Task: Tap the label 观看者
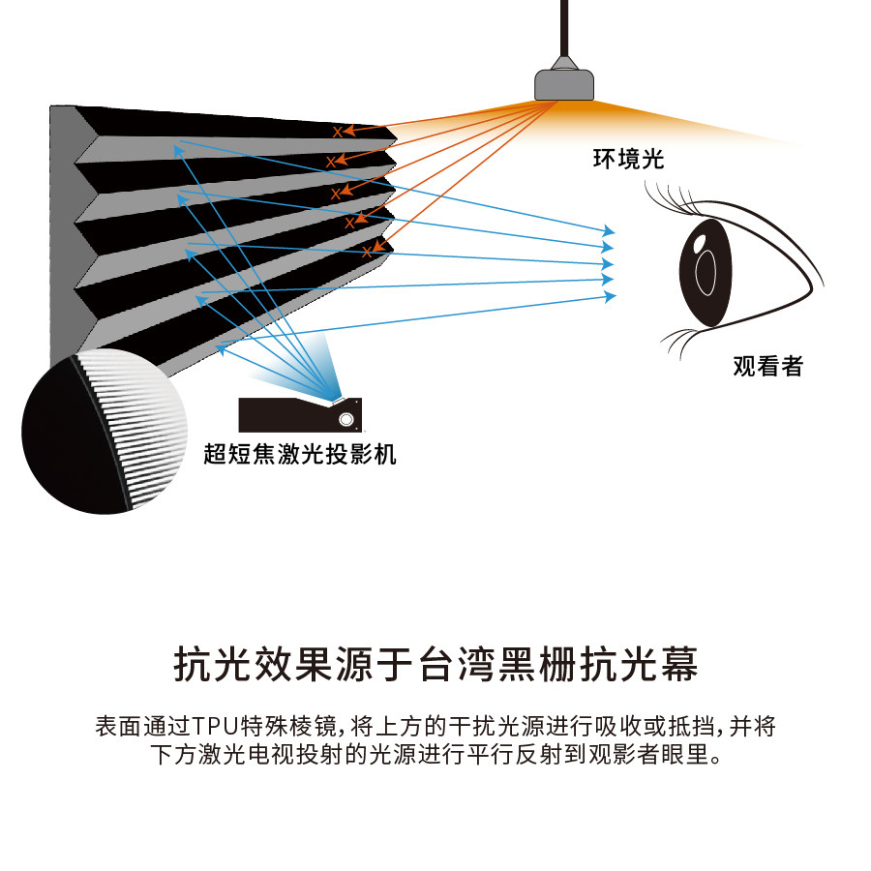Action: click(767, 366)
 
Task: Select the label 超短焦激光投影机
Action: click(300, 453)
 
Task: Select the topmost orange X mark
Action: click(338, 131)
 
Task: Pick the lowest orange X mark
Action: click(367, 253)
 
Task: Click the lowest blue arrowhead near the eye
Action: click(610, 296)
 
